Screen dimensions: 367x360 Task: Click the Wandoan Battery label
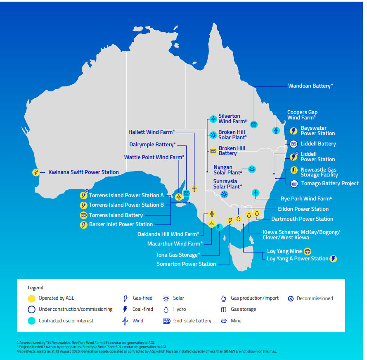pos(310,86)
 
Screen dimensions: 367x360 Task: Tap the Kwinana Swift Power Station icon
pos(36,172)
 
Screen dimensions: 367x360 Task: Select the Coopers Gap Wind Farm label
pos(302,115)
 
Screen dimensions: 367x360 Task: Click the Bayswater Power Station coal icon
pos(294,131)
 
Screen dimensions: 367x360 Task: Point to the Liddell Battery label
pos(318,144)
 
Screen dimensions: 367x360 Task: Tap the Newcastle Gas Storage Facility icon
pos(294,170)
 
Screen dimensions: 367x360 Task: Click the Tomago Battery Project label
pos(329,183)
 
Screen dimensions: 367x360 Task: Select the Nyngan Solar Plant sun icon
pos(252,169)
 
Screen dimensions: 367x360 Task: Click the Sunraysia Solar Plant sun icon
pos(224,194)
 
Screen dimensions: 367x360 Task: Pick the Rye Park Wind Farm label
pos(306,199)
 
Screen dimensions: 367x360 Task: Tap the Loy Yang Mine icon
pos(307,251)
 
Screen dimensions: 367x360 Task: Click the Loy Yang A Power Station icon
pos(333,259)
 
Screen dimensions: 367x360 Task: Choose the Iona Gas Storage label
pos(178,255)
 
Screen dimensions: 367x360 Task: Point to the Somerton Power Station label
pos(186,264)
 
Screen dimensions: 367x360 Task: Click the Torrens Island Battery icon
pos(83,215)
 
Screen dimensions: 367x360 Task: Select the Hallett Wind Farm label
pos(152,132)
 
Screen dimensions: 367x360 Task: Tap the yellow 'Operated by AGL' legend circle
pos(32,298)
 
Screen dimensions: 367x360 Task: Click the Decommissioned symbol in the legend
pos(290,298)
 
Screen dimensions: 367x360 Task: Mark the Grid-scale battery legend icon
pos(166,321)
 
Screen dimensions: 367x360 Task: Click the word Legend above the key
pos(36,288)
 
